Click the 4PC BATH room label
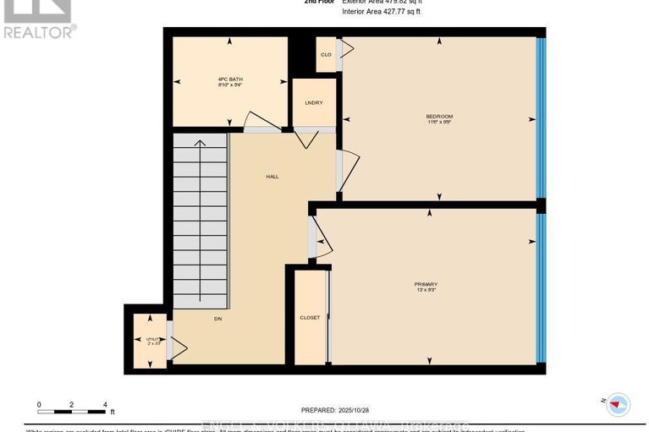230,81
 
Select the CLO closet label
325,54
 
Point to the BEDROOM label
438,118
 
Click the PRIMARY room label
426,286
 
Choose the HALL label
272,177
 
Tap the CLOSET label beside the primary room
310,318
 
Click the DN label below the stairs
217,319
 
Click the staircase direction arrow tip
200,141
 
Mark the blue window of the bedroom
540,118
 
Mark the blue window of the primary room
540,287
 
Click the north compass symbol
619,403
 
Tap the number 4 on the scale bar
105,405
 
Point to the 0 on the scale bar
39,405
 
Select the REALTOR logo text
39,32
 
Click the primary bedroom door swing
323,242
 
